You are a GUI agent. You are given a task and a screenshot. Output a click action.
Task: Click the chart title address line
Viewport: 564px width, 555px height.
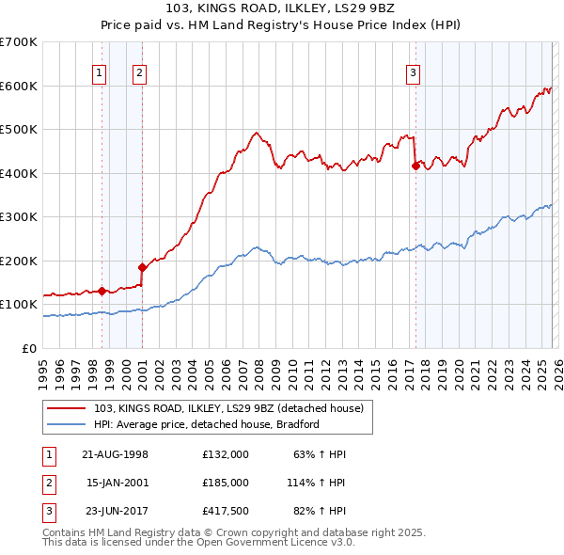coord(281,8)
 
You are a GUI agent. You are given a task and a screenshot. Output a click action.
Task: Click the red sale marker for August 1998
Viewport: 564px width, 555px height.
coord(102,291)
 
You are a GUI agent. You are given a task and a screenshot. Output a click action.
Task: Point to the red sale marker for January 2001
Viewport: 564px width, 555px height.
coord(142,267)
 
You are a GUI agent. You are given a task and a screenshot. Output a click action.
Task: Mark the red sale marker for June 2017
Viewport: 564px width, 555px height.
coord(415,166)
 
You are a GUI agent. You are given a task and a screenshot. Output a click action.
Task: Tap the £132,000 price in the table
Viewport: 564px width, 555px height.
coord(225,454)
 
